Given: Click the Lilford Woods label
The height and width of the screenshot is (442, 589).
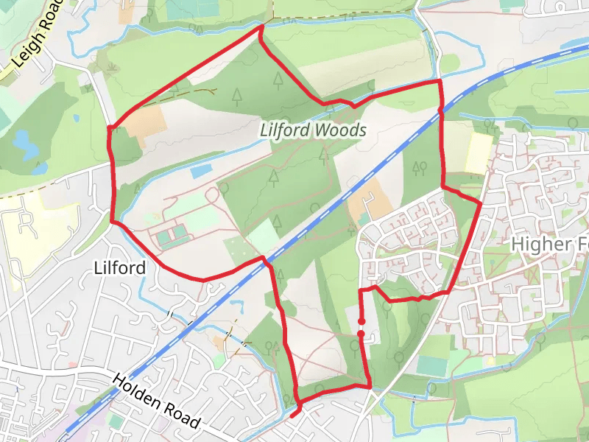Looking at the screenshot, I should tap(313, 130).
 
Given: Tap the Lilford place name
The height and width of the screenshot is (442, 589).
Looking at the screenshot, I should tap(120, 268).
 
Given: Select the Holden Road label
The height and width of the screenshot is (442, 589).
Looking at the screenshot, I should tap(155, 401).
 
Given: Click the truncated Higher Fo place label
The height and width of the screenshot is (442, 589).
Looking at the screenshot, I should tap(549, 245).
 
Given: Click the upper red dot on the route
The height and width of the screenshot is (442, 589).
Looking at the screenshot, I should tap(361, 321).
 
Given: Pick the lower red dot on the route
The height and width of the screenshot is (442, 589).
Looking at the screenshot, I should tap(361, 334).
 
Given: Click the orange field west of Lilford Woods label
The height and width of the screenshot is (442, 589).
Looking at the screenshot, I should tap(147, 121).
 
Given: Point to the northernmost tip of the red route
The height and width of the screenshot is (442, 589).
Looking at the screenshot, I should tap(261, 27).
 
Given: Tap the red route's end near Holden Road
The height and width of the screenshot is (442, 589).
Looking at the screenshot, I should tap(292, 415).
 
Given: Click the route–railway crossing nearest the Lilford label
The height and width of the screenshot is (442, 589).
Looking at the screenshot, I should tap(266, 259).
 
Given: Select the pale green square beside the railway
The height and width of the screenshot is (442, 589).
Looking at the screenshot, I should tap(263, 236).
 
